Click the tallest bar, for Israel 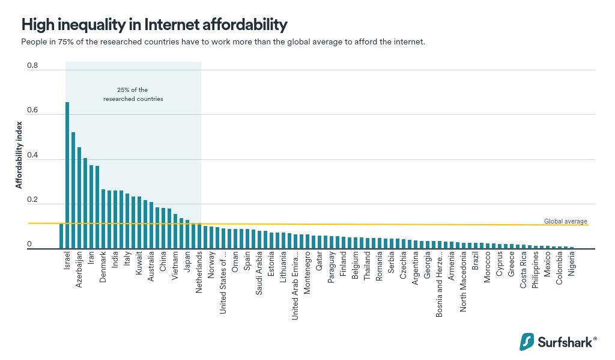(67, 175)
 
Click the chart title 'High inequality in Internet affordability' (154, 25)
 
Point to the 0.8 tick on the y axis (32, 66)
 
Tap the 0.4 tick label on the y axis (32, 156)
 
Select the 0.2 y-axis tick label (32, 200)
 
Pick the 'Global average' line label (565, 221)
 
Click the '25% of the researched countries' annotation (133, 94)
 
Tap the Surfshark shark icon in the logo (527, 341)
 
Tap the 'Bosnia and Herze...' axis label (439, 285)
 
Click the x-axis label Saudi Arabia (259, 274)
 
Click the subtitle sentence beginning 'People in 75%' (223, 42)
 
